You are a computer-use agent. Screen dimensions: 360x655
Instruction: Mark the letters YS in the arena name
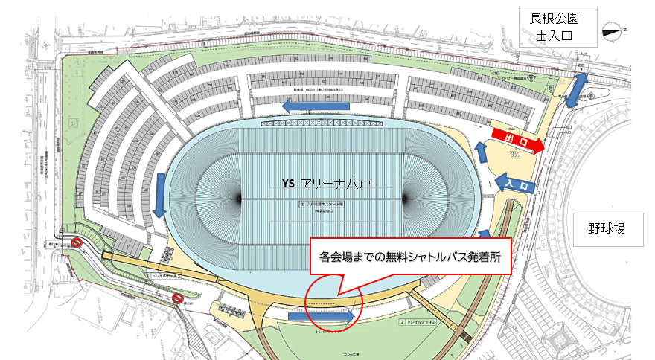coord(289,183)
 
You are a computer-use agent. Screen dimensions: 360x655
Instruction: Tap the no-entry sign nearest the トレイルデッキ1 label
coord(177,299)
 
